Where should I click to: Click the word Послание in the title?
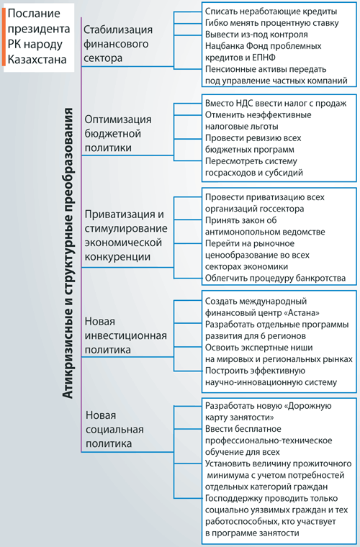(x=34, y=13)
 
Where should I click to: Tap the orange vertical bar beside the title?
(x=4, y=37)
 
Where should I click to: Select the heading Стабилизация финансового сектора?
(x=118, y=44)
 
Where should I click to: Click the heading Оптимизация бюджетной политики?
(x=118, y=133)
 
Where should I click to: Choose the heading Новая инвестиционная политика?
(x=125, y=335)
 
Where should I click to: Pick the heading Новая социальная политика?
(x=114, y=429)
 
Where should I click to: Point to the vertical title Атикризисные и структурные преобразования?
(x=68, y=253)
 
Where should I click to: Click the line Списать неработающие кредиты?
(x=271, y=12)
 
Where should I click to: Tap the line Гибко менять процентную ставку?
(x=271, y=23)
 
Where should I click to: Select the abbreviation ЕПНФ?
(x=263, y=57)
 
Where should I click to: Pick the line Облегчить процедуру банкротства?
(x=275, y=278)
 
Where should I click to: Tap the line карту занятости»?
(x=239, y=417)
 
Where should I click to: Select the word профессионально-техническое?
(x=269, y=440)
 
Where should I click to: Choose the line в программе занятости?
(x=252, y=533)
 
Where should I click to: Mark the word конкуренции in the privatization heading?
(x=117, y=256)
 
